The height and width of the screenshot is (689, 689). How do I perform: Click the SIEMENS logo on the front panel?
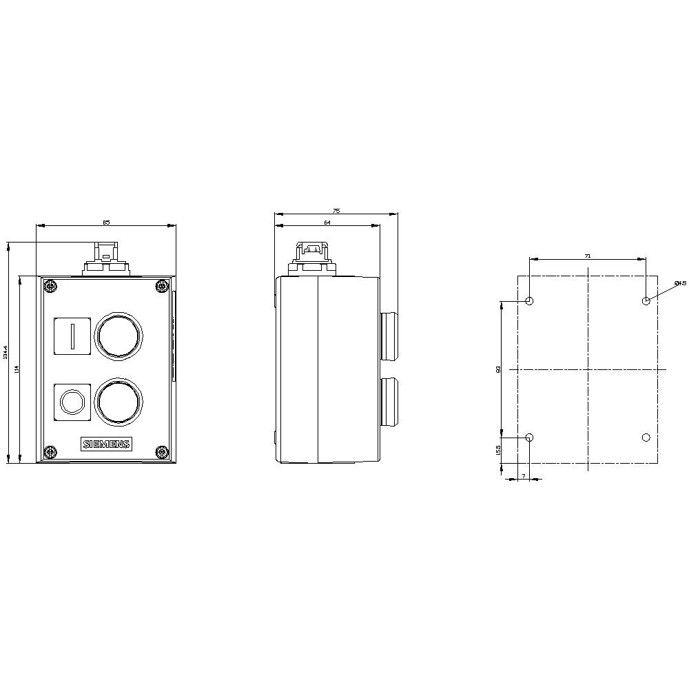pos(106,444)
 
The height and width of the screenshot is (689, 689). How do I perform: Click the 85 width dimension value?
pos(106,222)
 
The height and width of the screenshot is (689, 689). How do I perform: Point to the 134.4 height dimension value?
pos(6,352)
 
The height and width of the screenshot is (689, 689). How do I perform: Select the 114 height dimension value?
pos(17,369)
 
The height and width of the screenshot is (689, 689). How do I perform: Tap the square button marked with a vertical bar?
pos(72,336)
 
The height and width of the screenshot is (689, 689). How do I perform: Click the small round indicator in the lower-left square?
pos(72,400)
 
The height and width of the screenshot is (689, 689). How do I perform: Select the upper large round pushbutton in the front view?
pos(119,336)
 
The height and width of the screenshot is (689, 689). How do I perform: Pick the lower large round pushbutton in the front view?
pos(119,400)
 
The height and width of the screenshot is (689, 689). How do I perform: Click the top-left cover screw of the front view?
pos(50,285)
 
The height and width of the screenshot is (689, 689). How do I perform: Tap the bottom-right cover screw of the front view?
pos(162,452)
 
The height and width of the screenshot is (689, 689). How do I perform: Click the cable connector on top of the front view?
pos(106,259)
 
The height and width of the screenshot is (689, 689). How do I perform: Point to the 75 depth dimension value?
pos(336,210)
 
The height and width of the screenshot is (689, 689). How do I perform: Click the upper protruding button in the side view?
pos(389,336)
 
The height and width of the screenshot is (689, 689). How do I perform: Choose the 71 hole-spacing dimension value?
pos(587,256)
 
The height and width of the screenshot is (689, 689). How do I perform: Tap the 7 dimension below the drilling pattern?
pos(523,476)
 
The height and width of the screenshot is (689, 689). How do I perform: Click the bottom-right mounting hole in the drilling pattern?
pos(646,438)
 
